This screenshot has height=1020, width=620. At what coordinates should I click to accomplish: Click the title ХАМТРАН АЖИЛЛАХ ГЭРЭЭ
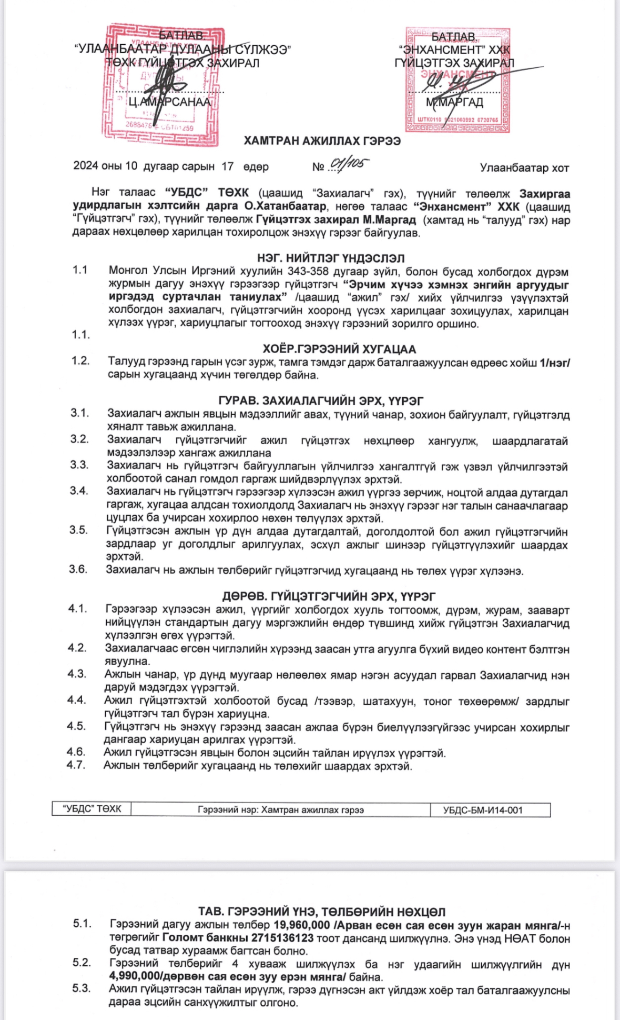click(322, 141)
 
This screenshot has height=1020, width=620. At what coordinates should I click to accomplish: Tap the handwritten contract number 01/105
click(349, 165)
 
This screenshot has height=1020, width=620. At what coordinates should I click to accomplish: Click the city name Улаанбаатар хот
click(524, 168)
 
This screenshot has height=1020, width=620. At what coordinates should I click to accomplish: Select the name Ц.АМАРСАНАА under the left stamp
click(169, 102)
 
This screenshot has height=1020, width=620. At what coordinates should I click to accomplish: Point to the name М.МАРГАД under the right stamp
click(454, 102)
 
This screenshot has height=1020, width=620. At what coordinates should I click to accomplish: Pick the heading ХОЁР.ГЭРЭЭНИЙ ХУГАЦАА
click(339, 349)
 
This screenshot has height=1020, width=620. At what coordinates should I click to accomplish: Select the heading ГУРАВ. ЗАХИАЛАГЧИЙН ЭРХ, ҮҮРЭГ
click(321, 401)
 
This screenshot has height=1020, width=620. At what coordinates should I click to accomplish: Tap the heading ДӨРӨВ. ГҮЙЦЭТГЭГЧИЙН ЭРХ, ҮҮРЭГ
click(328, 596)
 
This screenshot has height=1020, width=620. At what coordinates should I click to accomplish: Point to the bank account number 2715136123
click(282, 938)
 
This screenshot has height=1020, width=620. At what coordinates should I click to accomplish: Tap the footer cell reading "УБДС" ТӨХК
click(92, 809)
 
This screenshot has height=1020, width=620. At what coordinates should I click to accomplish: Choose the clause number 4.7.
click(76, 765)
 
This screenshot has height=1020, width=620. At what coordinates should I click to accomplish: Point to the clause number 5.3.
click(82, 988)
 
